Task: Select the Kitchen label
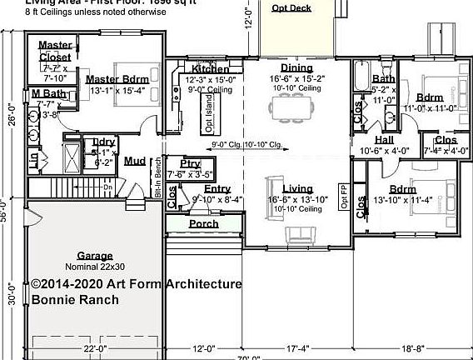point(211,68)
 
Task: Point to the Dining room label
point(296,67)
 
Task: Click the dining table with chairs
point(291,107)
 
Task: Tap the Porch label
point(204,223)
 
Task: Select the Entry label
point(217,189)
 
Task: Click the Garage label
point(95,255)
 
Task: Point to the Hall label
point(384,140)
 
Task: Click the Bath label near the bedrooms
point(384,77)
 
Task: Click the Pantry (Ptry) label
point(191,164)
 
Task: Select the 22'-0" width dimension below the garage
point(93,348)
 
